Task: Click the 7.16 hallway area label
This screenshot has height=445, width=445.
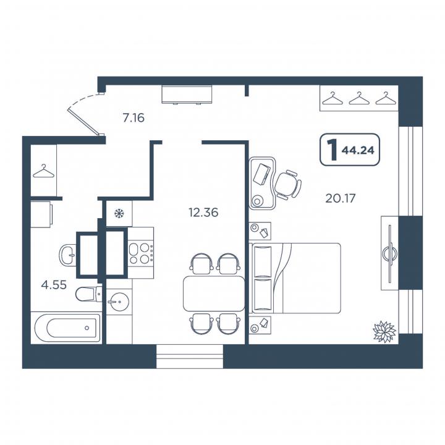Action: coord(133,118)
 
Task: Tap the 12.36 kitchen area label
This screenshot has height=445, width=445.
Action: coord(203,212)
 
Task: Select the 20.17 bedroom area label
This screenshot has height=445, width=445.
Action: coord(341,198)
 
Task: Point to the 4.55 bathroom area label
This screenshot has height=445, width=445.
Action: coord(54,284)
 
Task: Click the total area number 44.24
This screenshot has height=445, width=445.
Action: coord(358,150)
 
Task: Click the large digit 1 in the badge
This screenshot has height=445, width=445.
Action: coord(332,150)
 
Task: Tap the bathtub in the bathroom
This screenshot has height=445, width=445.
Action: coord(67,328)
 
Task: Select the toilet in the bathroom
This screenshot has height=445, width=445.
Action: coord(89,294)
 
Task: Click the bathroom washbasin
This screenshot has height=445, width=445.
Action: coord(67,255)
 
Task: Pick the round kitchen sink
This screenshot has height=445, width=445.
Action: coord(118,302)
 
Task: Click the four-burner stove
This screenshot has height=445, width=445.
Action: coord(140,253)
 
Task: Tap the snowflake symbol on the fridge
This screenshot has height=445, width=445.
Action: coord(119,213)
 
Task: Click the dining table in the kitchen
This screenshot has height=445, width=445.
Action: coord(214,294)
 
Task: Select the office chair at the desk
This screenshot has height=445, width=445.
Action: coord(287,184)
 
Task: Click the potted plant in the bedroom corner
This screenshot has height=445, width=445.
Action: coord(384,331)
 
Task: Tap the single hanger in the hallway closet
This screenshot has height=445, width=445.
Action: coord(43,171)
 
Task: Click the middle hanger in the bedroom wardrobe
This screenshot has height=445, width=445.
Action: coord(359,98)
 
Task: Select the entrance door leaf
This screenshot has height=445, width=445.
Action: coord(84,122)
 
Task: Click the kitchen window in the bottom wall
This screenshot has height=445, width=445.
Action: coord(190,357)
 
